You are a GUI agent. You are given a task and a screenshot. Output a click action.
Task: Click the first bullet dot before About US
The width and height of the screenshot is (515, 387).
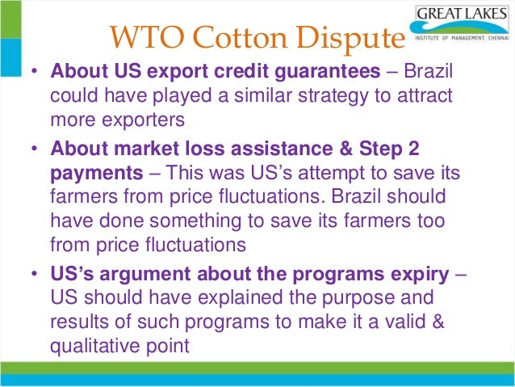coord(35,71)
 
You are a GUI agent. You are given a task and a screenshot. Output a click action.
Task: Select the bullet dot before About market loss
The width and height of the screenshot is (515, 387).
coord(35,150)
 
